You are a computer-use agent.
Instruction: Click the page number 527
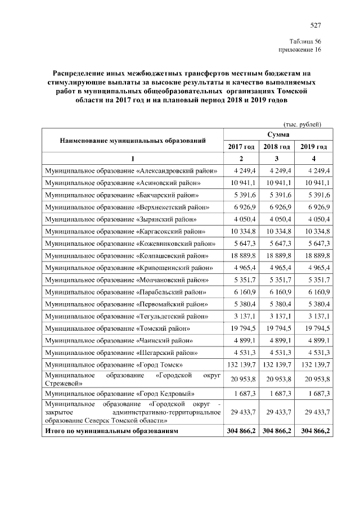tap(315, 25)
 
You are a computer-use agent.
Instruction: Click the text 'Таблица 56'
tap(305, 42)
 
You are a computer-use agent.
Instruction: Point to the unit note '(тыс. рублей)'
tap(301, 124)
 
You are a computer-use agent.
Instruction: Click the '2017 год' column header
tap(241, 147)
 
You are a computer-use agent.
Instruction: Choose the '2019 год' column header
tap(314, 147)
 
